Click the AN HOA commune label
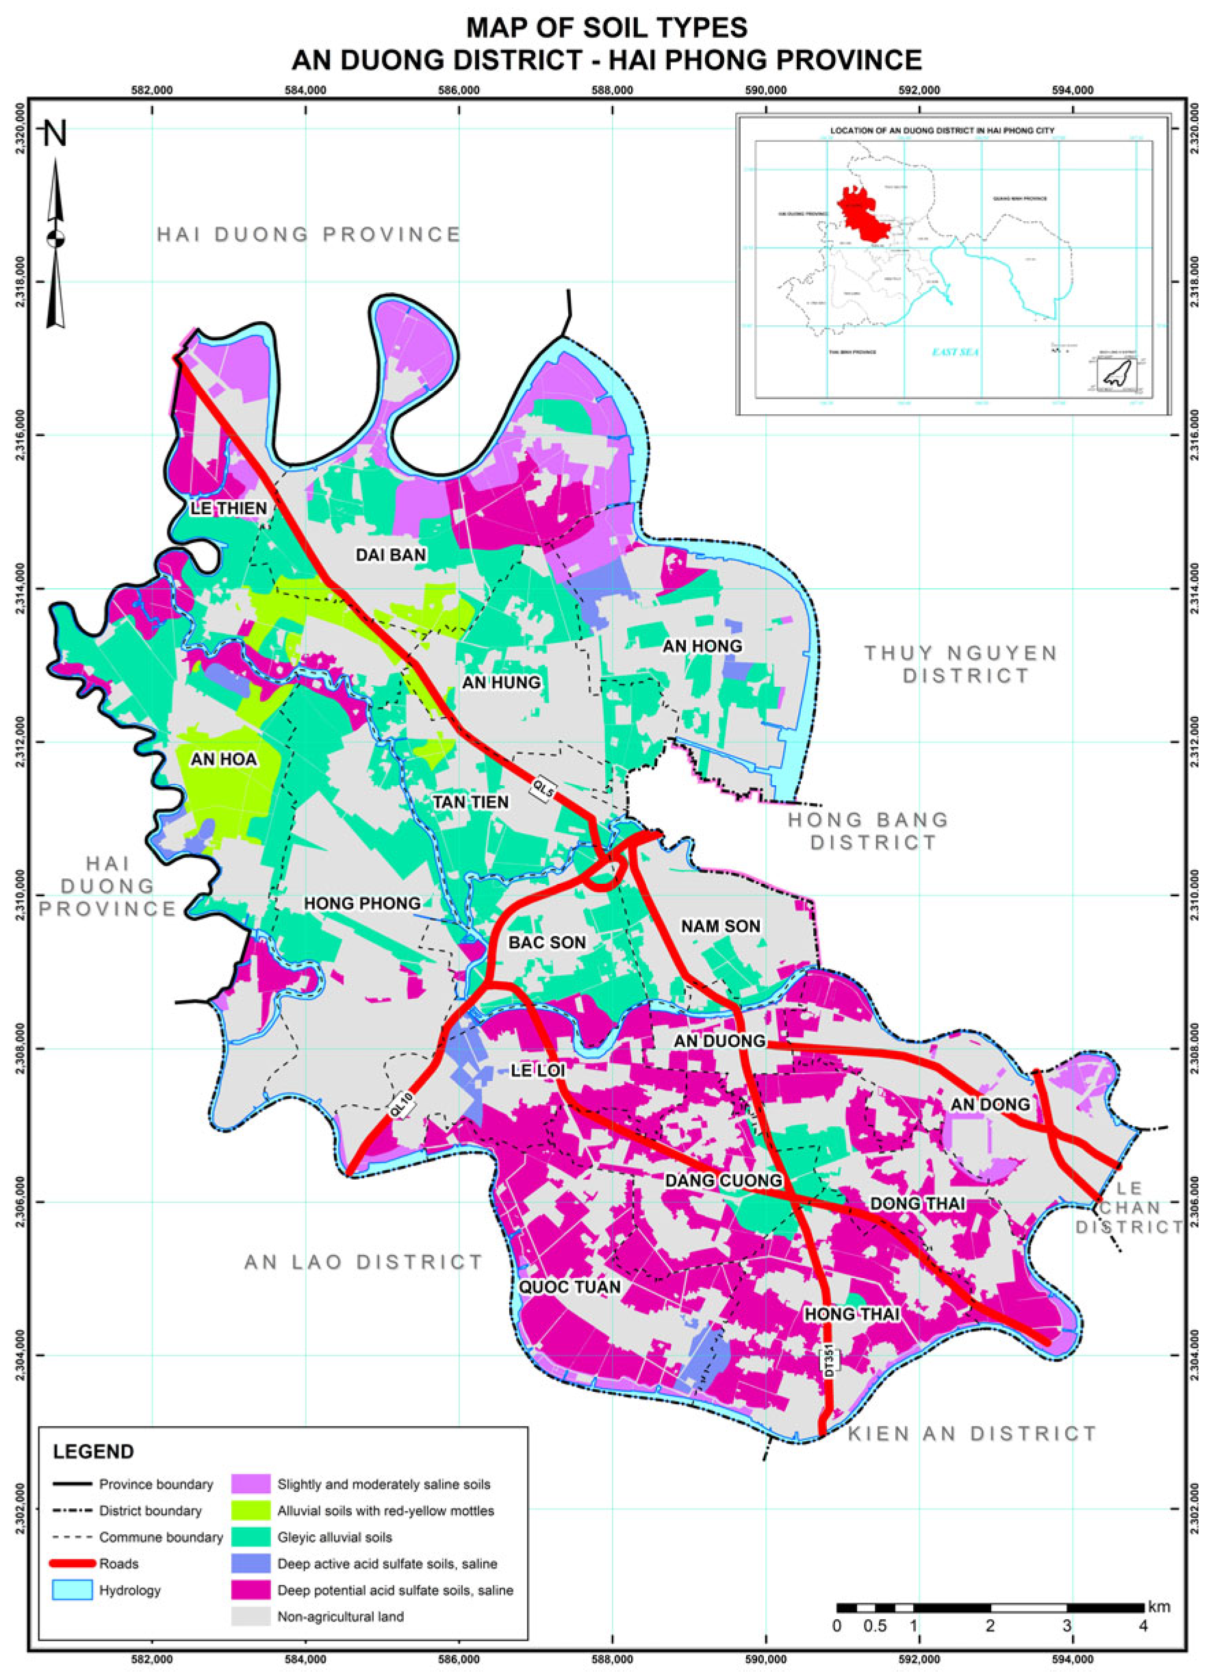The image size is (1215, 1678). point(223,759)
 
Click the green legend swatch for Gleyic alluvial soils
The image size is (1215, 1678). point(249,1538)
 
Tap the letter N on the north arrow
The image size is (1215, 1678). point(55,134)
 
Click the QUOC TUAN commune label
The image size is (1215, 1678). point(569,1287)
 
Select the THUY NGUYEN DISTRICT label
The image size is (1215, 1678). point(961,663)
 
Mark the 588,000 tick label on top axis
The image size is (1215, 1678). point(613,90)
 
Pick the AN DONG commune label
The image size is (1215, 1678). point(990,1104)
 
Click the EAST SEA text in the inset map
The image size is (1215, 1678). point(956,352)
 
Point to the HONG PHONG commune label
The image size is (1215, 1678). point(362,904)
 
